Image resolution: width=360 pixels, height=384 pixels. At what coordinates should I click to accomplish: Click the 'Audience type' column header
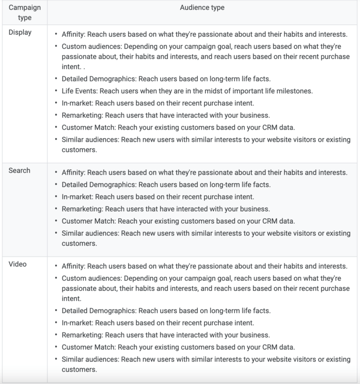point(202,8)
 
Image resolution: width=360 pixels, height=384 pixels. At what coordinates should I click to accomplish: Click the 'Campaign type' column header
point(24,13)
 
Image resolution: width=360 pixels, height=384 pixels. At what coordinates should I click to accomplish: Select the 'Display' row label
point(20,33)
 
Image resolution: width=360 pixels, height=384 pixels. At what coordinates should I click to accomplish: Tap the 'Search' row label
point(19,171)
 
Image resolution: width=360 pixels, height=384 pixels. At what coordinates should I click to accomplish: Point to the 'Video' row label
point(17,264)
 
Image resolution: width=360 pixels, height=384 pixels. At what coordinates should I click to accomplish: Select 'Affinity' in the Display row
point(73,34)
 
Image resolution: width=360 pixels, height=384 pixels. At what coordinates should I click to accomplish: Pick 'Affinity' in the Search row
point(73,173)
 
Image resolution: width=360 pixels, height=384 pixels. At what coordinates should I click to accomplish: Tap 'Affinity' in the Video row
point(73,266)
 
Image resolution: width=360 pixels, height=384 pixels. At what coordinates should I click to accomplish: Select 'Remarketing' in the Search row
point(82,209)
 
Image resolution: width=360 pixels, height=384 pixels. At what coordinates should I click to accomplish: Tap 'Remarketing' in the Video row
point(82,335)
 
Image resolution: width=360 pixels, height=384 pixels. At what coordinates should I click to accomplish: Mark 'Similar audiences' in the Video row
point(89,360)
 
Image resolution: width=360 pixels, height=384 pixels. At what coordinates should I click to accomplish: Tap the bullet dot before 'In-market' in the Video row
point(56,323)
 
